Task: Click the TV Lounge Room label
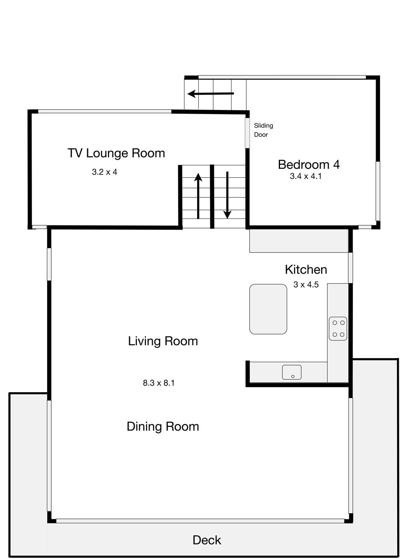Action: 116,153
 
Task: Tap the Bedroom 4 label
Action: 309,164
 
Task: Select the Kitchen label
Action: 306,270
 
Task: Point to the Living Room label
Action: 163,341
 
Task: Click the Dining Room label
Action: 163,427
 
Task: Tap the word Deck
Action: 207,540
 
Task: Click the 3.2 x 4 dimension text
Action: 104,172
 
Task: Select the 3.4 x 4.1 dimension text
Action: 306,176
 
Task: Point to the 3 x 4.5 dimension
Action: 306,285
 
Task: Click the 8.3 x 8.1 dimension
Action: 159,383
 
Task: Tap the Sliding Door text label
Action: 264,130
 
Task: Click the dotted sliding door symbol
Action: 247,133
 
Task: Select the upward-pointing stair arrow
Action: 198,196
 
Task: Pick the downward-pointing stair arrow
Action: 227,195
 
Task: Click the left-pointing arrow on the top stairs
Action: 211,94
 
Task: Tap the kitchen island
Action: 268,309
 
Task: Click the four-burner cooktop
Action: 338,329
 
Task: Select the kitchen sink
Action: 292,372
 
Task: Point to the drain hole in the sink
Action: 293,376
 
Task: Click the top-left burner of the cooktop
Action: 335,323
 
